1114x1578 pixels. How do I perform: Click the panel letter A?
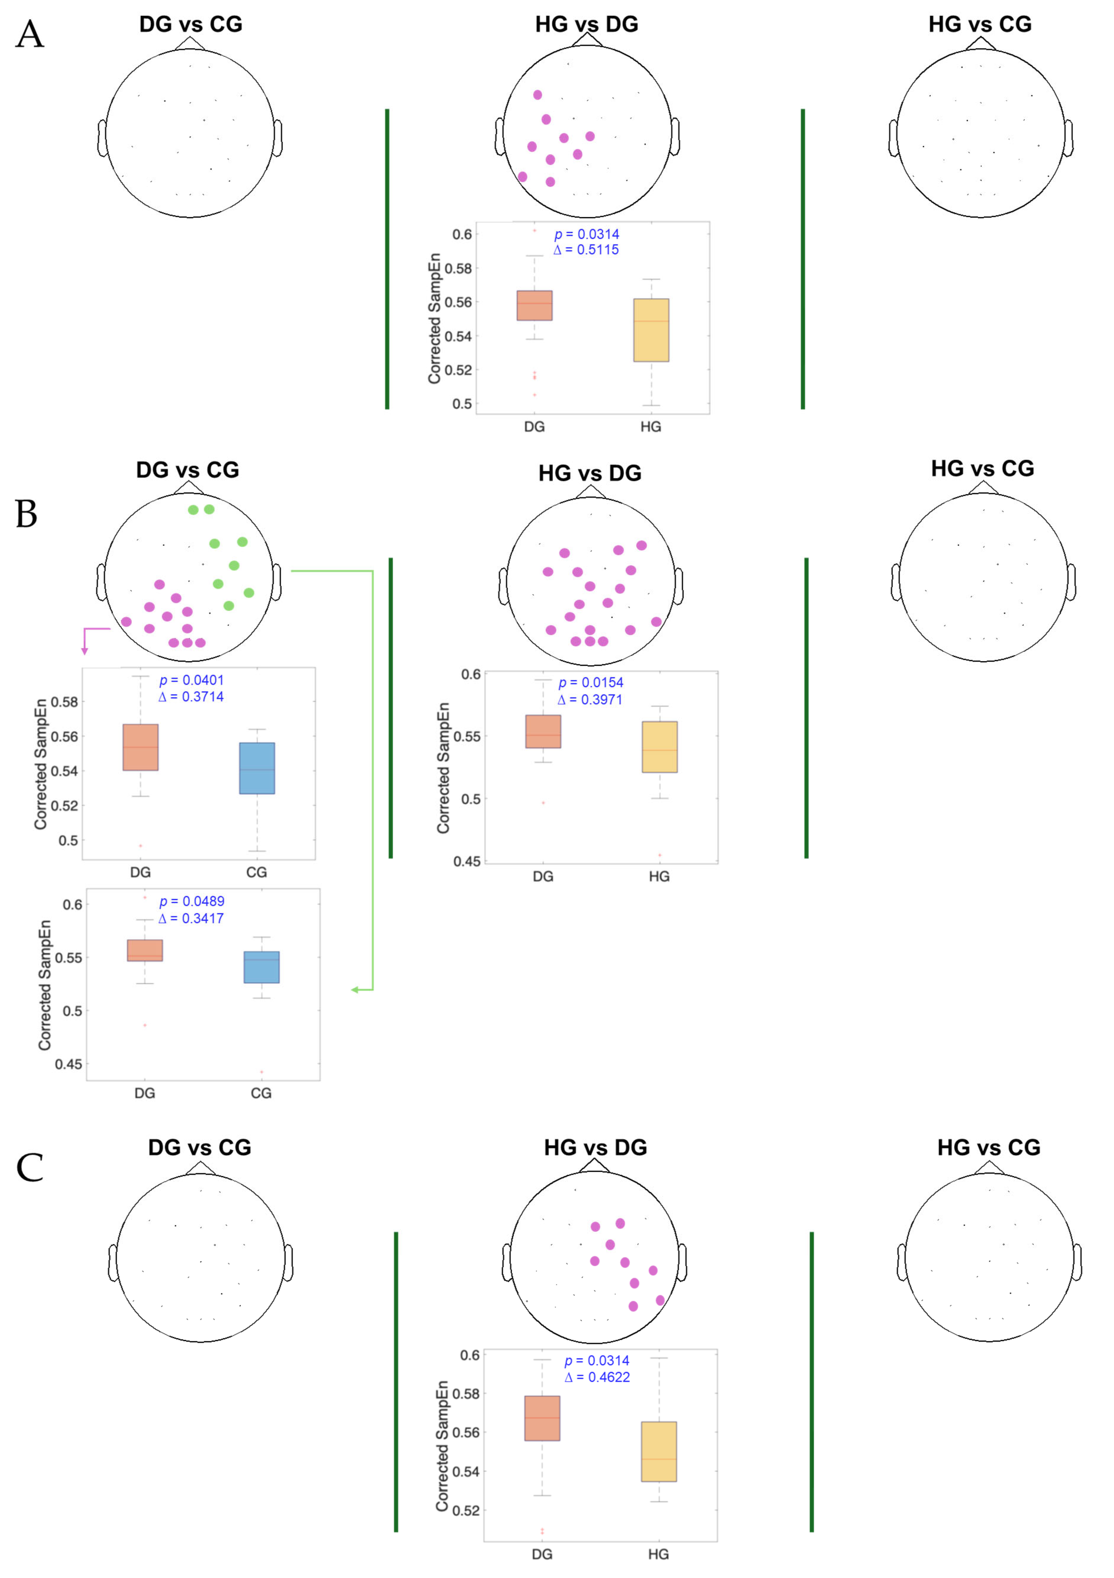pos(30,34)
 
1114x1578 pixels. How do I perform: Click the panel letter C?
pos(30,1168)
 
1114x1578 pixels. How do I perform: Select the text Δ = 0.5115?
pos(586,249)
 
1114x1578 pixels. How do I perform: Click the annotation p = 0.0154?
pos(591,683)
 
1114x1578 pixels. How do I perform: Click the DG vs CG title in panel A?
pos(190,24)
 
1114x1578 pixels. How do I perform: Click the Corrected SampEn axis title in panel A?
pos(434,318)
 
